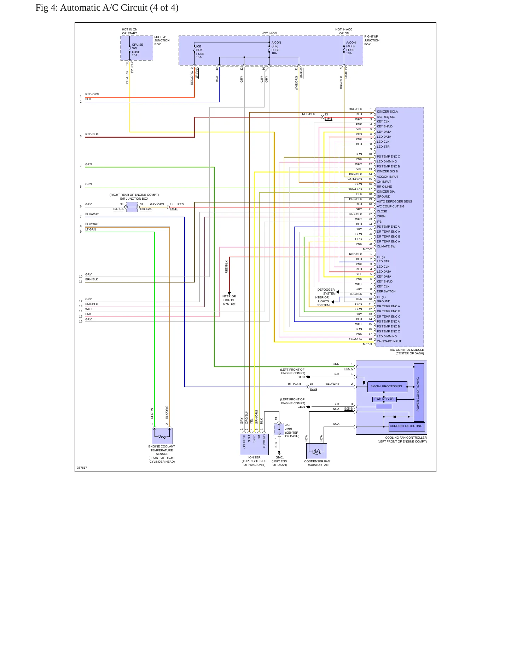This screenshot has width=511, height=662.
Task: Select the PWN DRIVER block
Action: pos(384,399)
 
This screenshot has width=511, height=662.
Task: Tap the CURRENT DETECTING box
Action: pos(406,427)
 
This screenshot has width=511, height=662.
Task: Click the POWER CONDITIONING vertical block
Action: pos(418,392)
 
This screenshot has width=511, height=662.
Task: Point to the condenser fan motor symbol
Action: pos(317,451)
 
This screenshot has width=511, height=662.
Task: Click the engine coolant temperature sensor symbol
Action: pos(162,436)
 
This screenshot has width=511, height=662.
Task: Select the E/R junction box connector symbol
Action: pos(132,207)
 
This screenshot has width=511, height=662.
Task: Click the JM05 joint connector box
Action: pos(279,429)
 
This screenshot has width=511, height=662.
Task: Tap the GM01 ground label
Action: pos(279,457)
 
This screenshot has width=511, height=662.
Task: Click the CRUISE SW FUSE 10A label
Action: pos(137,50)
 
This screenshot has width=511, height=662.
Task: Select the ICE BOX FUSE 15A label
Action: pos(200,52)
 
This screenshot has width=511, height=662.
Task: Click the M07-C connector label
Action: pos(367,249)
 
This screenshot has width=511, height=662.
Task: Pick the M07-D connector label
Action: pos(367,344)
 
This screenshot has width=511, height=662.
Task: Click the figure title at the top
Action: pos(107,8)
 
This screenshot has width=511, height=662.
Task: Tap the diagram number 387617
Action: pos(82,468)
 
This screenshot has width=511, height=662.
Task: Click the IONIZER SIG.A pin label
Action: pos(387,112)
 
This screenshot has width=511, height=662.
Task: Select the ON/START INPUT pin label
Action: pos(389,341)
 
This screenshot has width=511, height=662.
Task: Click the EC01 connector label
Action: pos(313,389)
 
